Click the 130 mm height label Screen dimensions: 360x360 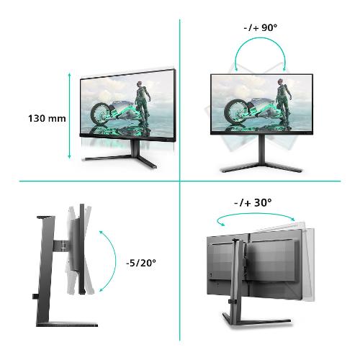click(47, 119)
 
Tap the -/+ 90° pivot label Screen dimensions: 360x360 click(261, 27)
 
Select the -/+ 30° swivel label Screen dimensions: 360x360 click(253, 203)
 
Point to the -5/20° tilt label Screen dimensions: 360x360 click(141, 263)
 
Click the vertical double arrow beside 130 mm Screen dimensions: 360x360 click(69, 116)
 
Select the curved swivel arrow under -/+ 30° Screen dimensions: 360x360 click(256, 214)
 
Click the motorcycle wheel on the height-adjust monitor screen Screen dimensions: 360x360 click(100, 114)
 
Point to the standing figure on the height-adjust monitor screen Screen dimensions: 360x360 click(142, 103)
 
